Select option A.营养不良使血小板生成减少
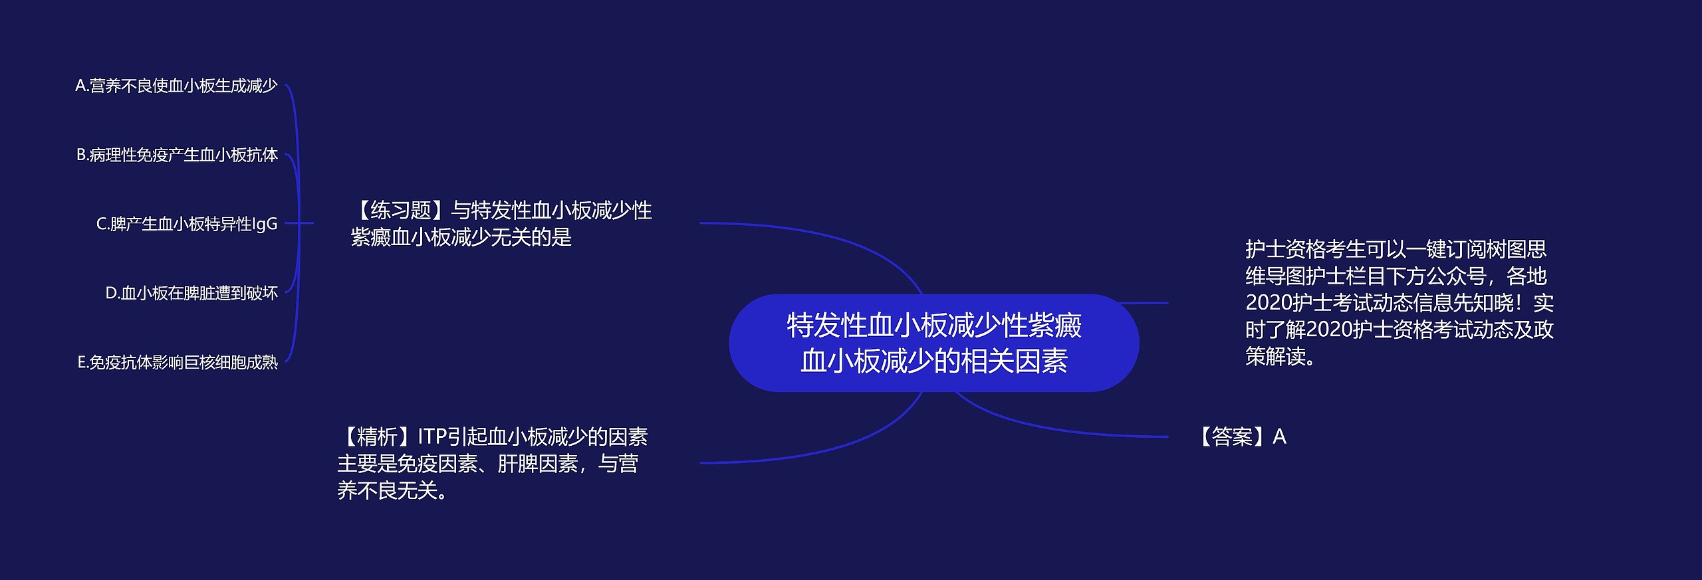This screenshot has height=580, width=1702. point(176,86)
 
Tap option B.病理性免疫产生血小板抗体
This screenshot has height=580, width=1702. point(177,155)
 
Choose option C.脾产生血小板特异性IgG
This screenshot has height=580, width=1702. point(187,224)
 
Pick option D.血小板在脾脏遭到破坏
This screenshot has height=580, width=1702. point(191,293)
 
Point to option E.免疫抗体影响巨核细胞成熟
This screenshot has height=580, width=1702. point(178,362)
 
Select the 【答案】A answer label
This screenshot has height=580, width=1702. point(1241,436)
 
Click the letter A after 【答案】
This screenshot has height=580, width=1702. point(1279,436)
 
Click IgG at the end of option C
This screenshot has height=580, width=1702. point(264,224)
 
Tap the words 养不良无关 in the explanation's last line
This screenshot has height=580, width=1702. point(386,491)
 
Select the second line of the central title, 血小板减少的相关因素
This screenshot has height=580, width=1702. point(933,361)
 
